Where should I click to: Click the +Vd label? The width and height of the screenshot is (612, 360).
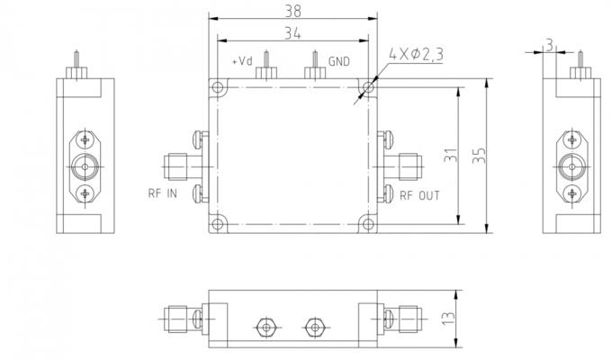click(x=241, y=62)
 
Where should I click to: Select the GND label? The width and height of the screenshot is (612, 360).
click(x=338, y=62)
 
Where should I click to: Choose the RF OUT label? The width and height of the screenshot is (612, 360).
click(x=419, y=194)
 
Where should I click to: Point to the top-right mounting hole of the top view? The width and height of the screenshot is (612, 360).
click(x=366, y=87)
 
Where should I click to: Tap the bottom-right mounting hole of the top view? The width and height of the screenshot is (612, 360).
click(x=366, y=223)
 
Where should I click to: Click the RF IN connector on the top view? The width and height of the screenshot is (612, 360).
click(x=176, y=165)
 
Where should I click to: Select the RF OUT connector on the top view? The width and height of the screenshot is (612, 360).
click(x=407, y=165)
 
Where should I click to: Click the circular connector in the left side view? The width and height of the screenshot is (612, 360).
click(x=85, y=166)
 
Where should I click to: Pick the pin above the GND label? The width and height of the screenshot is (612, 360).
click(x=315, y=63)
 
